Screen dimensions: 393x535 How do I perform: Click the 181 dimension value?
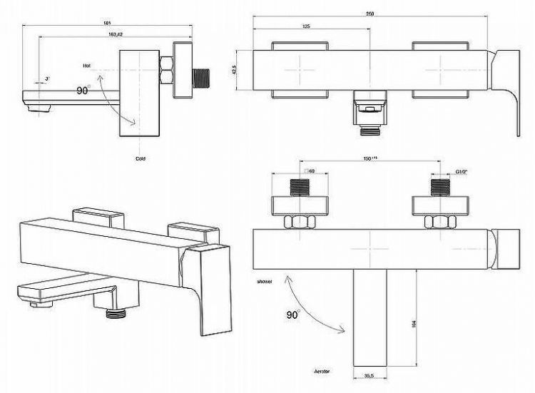click(107, 25)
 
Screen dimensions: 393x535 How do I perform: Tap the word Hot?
click(86, 65)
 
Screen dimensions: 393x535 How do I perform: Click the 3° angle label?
click(47, 77)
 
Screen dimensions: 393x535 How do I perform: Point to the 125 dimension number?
click(305, 27)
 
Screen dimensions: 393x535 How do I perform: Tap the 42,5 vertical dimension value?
click(244, 69)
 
